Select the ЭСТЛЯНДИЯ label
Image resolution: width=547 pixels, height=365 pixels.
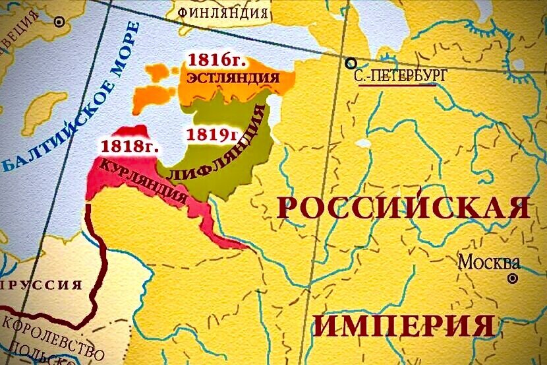(233, 78)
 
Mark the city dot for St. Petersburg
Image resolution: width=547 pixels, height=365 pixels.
(350, 63)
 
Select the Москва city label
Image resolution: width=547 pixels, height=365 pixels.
(488, 261)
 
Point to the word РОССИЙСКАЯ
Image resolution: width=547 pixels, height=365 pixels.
(404, 207)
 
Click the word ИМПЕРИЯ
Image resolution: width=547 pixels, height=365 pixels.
(403, 325)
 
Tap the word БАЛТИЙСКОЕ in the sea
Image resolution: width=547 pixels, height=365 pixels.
(50, 129)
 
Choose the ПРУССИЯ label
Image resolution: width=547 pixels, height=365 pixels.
(42, 285)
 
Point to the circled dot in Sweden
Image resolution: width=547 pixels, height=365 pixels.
(59, 22)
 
